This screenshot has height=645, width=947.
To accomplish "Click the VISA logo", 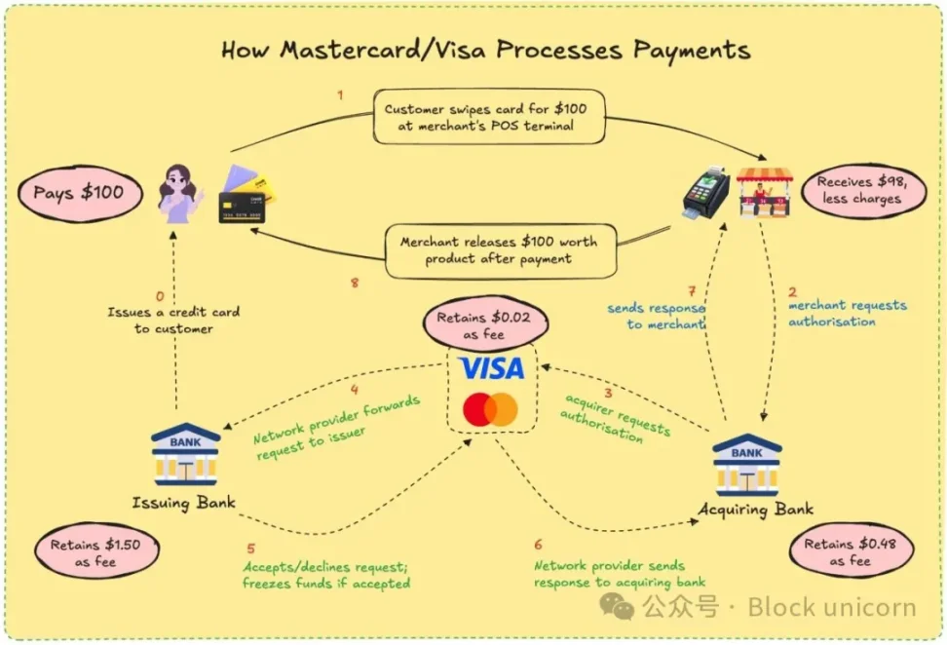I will [491, 367].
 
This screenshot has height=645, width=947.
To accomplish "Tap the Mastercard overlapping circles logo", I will [490, 409].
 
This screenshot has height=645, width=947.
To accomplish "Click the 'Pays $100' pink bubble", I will [79, 192].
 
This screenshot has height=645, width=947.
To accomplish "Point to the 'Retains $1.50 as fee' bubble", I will [96, 552].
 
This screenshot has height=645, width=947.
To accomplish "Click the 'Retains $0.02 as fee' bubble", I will [484, 325].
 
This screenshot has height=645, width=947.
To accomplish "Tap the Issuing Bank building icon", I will [185, 454].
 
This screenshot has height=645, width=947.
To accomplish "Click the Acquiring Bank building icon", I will [747, 465].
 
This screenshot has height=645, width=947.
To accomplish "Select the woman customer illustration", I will [179, 193].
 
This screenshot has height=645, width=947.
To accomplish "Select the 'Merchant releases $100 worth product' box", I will [499, 250].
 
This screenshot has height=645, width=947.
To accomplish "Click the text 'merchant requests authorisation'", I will [846, 313].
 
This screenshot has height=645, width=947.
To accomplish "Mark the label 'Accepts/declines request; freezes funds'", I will [325, 575].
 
